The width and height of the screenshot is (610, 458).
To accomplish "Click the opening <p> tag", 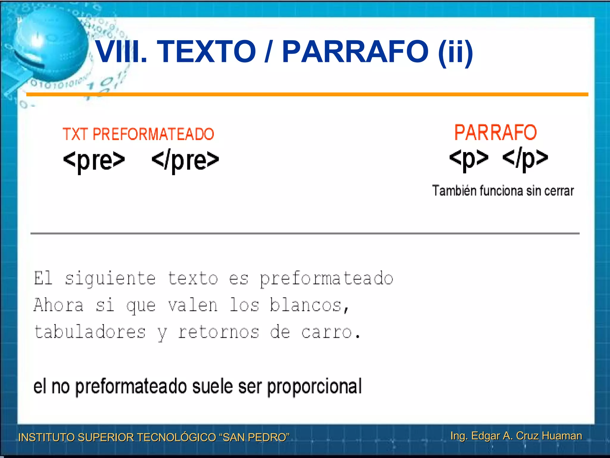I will click(469, 159).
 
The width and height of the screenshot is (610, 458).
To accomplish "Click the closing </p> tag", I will click(525, 159).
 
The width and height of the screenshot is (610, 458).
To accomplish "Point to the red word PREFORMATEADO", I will click(153, 134).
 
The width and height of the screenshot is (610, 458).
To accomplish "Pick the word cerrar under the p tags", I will click(559, 191).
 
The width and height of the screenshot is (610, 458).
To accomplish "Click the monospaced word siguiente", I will click(110, 279).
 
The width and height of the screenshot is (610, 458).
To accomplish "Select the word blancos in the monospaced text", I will click(306, 305).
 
